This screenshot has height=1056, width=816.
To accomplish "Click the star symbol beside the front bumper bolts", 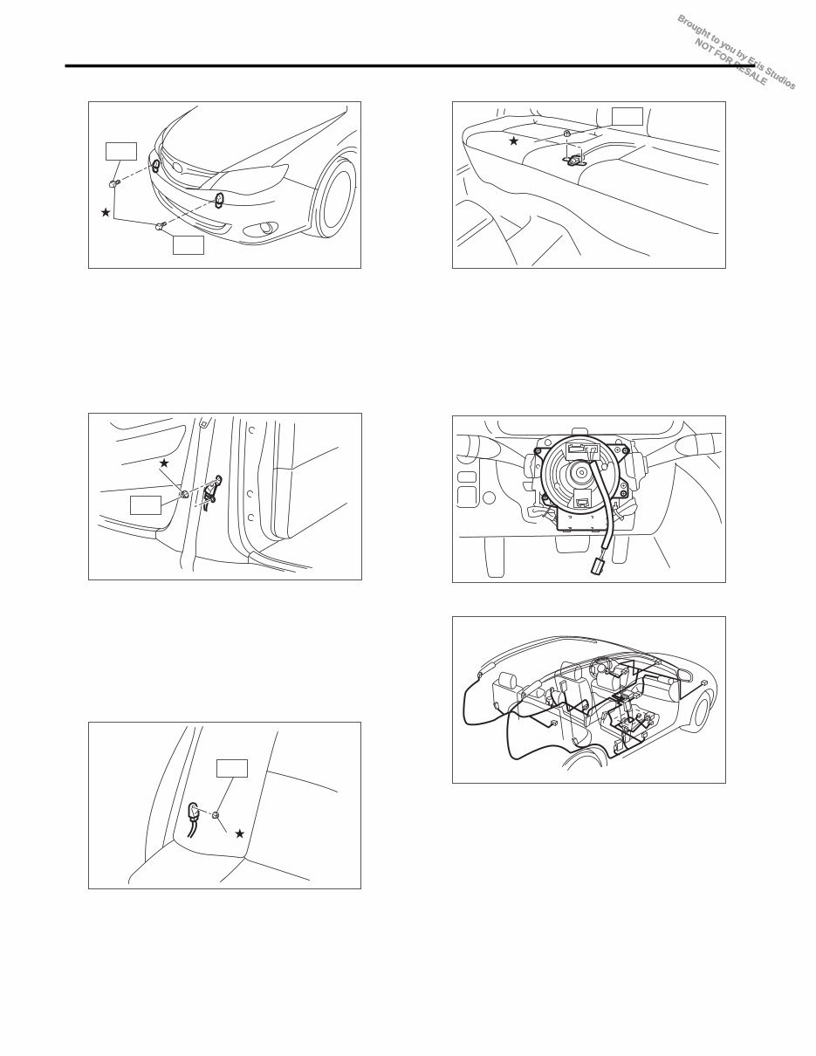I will [106, 212].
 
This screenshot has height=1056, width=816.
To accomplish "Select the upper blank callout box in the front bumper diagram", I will [120, 151].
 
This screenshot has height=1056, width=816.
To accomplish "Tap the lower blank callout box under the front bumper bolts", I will [188, 245].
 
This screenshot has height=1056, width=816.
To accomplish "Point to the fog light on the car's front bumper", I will [260, 231].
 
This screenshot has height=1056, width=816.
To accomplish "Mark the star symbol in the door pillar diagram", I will [163, 463].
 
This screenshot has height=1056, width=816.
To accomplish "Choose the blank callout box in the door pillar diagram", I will [145, 504].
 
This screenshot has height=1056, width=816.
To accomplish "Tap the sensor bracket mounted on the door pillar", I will [211, 492].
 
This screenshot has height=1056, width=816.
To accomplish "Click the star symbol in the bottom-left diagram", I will [239, 833].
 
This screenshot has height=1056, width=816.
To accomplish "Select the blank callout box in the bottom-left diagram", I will [232, 768].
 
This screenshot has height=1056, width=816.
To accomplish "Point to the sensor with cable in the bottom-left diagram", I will [194, 813].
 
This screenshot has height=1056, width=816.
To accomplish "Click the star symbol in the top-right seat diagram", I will [514, 141].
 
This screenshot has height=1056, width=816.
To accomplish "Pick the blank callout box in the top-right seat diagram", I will [627, 116].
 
